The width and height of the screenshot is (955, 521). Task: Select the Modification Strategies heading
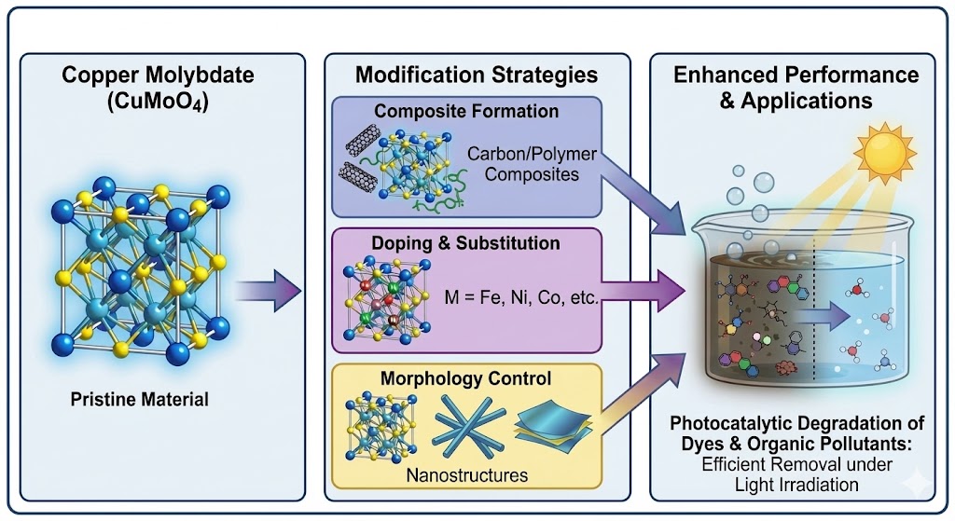pos(477,75)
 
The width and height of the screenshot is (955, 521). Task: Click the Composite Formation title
pos(466,112)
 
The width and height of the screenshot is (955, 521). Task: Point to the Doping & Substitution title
pos(466,243)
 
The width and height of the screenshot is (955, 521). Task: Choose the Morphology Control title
pos(466,379)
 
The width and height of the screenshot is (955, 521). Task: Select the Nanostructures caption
pos(467,475)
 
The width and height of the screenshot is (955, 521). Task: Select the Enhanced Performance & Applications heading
pos(796,87)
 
